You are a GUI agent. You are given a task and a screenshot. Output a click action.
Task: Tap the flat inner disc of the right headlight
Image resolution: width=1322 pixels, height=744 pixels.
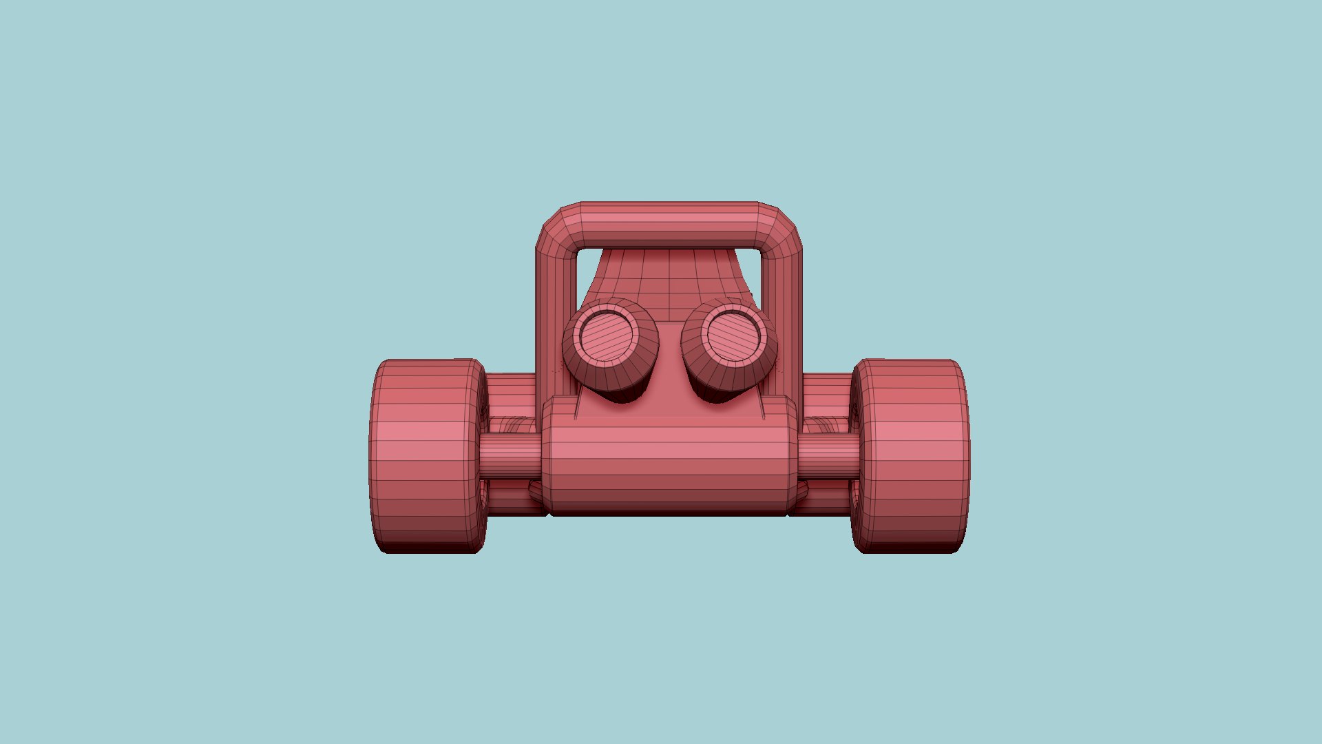tap(734, 335)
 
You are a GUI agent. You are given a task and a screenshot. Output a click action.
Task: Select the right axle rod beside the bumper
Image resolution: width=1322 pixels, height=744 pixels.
tap(828, 457)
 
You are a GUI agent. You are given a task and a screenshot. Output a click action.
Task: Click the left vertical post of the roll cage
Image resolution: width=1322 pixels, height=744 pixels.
tap(555, 310)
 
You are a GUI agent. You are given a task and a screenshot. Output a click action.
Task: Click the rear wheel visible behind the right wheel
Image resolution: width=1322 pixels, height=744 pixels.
tap(826, 390)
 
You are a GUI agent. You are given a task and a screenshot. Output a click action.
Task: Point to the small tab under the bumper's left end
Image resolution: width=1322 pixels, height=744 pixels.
tap(536, 491)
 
